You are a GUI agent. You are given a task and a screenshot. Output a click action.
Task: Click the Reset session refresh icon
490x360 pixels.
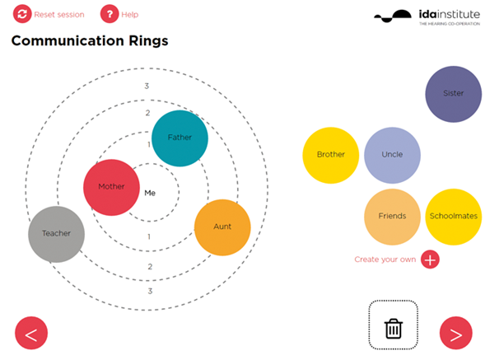(x=22, y=14)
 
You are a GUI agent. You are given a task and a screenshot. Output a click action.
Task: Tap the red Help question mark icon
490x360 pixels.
(x=110, y=14)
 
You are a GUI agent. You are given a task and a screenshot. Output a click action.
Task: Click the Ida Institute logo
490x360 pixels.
(x=427, y=17)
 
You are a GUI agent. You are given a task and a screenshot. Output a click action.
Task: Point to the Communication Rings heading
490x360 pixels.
(x=90, y=40)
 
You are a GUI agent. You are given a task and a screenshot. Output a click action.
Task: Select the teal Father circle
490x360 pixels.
(x=180, y=138)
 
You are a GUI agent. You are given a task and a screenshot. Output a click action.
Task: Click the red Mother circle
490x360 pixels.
(x=111, y=188)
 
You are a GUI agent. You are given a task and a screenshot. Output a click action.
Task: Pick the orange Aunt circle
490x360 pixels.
(x=222, y=227)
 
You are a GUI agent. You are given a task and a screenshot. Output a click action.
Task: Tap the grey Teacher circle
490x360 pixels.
(x=56, y=234)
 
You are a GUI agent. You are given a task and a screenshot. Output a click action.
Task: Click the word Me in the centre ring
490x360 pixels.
(x=150, y=193)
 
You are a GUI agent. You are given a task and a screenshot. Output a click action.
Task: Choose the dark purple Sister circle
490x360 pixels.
(x=453, y=94)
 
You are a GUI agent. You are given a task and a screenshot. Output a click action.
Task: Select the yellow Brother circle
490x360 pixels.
(x=330, y=155)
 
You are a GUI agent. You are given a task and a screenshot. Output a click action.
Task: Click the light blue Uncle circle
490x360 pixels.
(x=392, y=155)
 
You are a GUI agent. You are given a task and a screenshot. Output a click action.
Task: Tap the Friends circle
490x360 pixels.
(x=392, y=217)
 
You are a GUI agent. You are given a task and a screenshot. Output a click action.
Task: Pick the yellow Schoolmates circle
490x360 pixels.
(x=454, y=217)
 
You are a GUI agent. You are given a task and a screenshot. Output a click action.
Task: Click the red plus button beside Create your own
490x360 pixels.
(x=430, y=259)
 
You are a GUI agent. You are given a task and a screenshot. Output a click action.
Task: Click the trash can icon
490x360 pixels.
(x=394, y=329)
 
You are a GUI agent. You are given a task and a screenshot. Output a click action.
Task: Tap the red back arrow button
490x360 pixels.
(x=31, y=333)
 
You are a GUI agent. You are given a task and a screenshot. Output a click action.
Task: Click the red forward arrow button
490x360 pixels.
(x=456, y=333)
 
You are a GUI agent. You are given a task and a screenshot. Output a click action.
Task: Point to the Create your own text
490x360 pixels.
(x=385, y=259)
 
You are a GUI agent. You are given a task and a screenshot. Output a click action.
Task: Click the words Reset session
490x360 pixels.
(x=59, y=14)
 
